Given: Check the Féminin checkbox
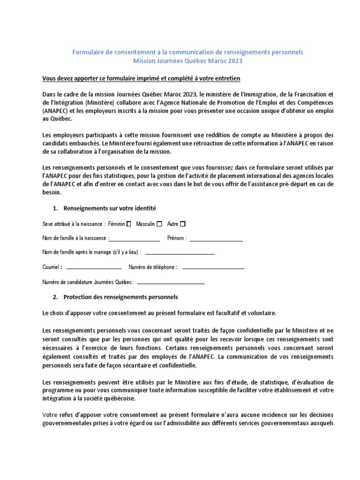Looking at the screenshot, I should pyautogui.click(x=129, y=224).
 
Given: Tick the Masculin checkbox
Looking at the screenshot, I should pyautogui.click(x=159, y=224).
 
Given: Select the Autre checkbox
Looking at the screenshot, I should pyautogui.click(x=183, y=224).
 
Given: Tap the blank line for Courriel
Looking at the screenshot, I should pyautogui.click(x=94, y=268).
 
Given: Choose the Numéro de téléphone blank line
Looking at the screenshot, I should pyautogui.click(x=213, y=268).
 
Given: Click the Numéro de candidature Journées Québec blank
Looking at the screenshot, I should pyautogui.click(x=171, y=283).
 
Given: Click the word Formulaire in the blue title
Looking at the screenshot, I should pyautogui.click(x=88, y=52).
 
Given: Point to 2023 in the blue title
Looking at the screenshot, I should pyautogui.click(x=235, y=61).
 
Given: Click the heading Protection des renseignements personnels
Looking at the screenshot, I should pyautogui.click(x=120, y=297).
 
